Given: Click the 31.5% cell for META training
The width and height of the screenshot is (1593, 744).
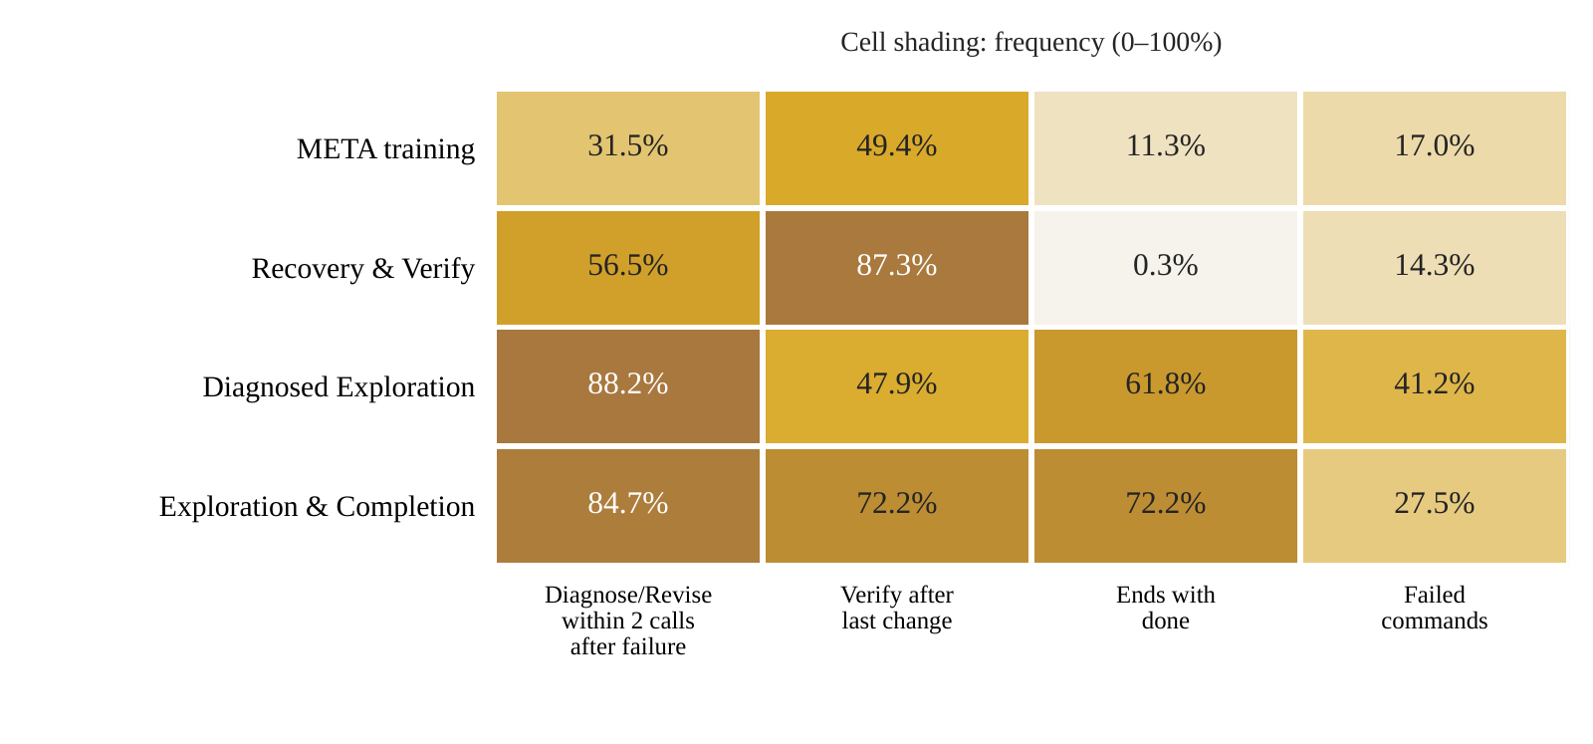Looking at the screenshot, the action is coord(628,148).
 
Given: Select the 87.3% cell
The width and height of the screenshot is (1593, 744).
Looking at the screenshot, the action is coord(897,268).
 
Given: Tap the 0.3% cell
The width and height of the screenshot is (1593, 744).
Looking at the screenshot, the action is coord(1166,268).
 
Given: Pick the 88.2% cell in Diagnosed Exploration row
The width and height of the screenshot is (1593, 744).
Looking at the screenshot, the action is coord(628,386).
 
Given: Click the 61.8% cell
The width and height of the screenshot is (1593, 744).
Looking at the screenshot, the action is coord(1166,386).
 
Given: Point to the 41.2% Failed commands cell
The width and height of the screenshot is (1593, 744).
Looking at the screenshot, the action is coord(1435,386).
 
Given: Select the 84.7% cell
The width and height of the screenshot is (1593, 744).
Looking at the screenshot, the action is coord(628,506).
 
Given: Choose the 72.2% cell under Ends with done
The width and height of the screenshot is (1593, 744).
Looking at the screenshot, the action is coord(1166,506).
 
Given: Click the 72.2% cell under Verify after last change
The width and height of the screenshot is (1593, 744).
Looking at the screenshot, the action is coord(897,506).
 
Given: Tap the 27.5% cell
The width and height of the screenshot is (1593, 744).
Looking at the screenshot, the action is coord(1435,506).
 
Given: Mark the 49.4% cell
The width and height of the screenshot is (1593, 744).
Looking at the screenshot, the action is coord(897,148).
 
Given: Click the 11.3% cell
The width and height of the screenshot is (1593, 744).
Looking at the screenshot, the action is coord(1166,148).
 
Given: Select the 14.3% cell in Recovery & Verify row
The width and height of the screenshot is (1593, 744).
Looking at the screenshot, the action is coord(1435,268).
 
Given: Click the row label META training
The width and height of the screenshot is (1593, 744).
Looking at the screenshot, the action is coord(385,149).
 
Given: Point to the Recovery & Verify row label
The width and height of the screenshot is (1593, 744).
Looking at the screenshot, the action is coord(362,269).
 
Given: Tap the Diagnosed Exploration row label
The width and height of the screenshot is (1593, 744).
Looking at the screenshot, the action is coord(339,387).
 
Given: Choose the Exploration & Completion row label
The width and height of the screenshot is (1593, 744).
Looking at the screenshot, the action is coord(317,507).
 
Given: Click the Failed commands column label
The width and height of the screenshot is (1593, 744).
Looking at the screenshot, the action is coord(1435,608).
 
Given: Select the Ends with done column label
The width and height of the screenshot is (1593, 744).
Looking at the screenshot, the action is coord(1166,608).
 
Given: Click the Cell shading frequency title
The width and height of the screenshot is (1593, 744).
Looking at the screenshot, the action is coord(1031,43).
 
